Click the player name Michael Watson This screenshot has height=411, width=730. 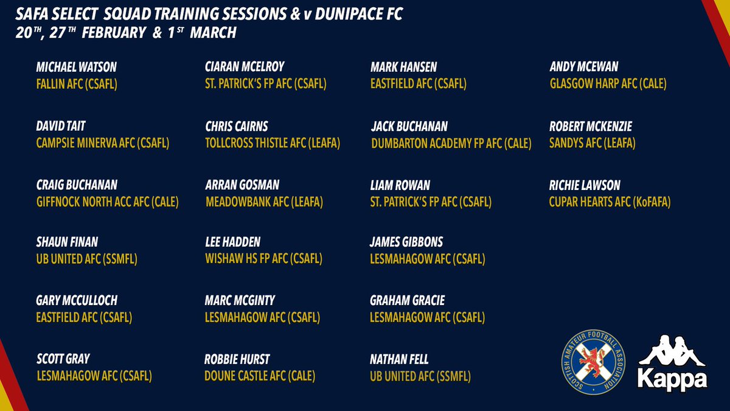point(76,68)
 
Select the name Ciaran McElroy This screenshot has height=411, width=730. point(245,68)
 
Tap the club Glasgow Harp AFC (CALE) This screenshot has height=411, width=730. point(608,84)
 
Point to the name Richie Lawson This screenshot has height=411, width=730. point(585,186)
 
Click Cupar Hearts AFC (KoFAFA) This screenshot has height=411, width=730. point(610,202)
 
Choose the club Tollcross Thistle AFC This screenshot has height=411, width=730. point(273,143)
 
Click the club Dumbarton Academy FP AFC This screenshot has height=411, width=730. point(451,143)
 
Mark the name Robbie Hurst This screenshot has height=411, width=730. point(237,360)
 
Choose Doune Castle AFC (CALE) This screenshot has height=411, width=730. point(260,376)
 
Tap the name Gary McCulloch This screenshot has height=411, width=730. point(77,301)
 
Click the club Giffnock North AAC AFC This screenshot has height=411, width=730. point(107,202)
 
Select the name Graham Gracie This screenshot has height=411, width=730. point(407,301)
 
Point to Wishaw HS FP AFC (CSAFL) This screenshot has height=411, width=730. point(263,259)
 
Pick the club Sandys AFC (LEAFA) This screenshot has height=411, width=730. point(592,143)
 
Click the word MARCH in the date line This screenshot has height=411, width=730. point(213,32)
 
